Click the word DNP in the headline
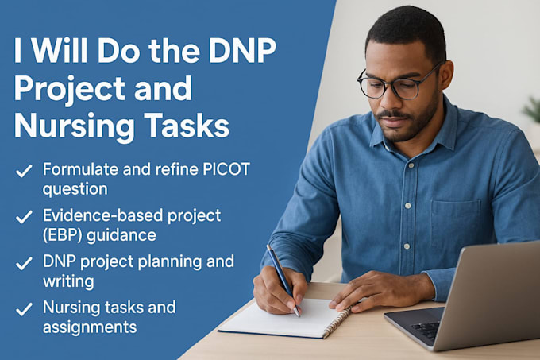[x=242, y=50]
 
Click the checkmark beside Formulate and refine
[x=24, y=171]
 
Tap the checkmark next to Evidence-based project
[x=24, y=217]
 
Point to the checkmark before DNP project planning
[x=24, y=263]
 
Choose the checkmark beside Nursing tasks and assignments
[x=24, y=309]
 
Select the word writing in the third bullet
[x=68, y=281]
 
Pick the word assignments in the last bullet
[x=90, y=327]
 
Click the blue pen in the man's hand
[x=283, y=280]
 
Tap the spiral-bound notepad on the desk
[x=285, y=319]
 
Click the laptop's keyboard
[x=426, y=328]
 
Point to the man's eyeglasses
[x=396, y=82]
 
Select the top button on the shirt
[x=411, y=165]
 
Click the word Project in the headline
[x=69, y=90]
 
